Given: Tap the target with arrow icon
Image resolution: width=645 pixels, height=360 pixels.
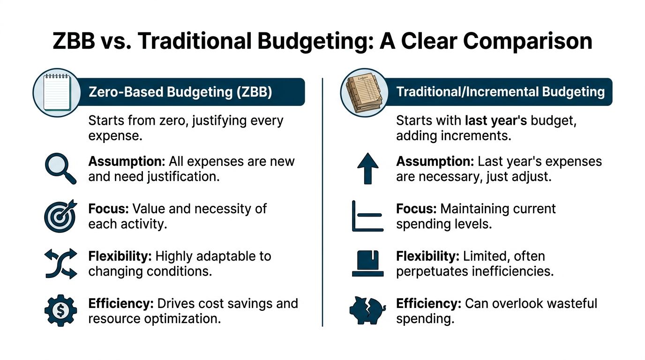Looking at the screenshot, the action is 60,216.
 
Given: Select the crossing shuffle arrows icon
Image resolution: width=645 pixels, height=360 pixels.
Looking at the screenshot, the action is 61,263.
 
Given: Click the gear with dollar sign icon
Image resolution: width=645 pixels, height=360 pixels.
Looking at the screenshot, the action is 61,310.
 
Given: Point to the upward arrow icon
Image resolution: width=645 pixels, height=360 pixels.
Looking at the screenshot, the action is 367,168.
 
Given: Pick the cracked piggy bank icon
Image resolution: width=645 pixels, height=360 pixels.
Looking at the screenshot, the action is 367,310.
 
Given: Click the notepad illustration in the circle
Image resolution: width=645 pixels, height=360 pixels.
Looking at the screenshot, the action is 57,92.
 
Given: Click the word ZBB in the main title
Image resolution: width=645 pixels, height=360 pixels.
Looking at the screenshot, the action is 74,41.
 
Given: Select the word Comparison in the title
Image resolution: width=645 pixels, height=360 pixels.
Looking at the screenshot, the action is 527,41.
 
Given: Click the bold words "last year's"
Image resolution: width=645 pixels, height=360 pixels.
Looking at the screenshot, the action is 496,120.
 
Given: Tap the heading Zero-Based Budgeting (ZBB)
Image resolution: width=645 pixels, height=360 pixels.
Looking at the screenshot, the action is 180,92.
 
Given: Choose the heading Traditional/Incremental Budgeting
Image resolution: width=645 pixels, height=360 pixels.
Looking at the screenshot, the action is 501,92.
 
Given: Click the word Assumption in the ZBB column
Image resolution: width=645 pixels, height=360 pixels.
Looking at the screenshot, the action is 127,162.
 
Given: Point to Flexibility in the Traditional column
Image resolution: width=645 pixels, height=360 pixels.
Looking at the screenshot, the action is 427,256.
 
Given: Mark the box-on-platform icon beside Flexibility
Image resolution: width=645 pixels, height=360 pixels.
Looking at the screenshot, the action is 367,263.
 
